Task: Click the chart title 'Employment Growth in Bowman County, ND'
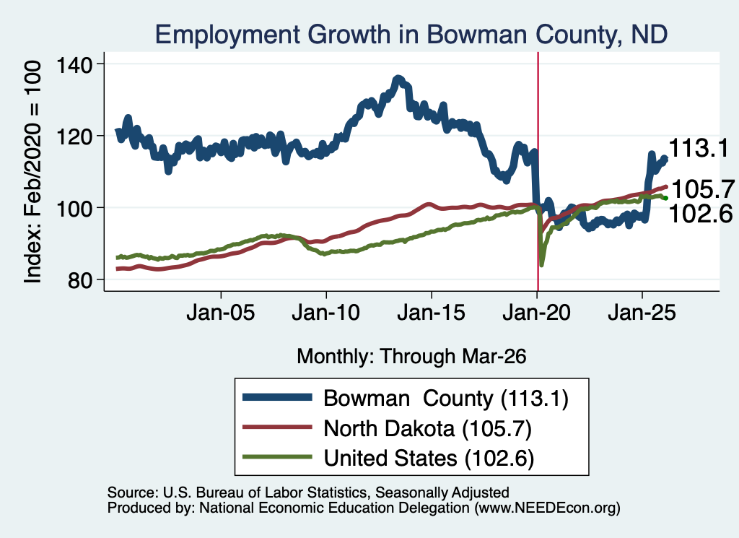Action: (x=411, y=35)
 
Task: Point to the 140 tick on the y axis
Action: (x=74, y=64)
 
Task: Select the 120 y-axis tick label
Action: (x=74, y=136)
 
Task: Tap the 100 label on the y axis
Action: (x=74, y=208)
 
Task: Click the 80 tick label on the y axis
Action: (x=80, y=280)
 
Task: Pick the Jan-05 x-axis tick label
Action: (x=221, y=313)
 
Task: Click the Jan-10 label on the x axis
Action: (x=325, y=313)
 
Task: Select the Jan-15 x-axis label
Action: (x=432, y=313)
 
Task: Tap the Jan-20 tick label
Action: (x=536, y=313)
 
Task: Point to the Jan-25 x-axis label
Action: (x=642, y=313)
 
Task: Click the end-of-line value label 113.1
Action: (x=699, y=148)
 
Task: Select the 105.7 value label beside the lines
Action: (x=703, y=189)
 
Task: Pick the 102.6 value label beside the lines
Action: (x=701, y=214)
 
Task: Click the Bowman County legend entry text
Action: (x=446, y=399)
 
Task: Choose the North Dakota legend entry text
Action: (x=427, y=429)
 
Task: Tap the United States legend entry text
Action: (x=429, y=459)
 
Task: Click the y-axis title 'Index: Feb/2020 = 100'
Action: (x=32, y=172)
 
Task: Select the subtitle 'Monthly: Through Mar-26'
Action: (x=411, y=357)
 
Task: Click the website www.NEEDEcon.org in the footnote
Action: (x=547, y=508)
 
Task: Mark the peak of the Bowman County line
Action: (x=398, y=78)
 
